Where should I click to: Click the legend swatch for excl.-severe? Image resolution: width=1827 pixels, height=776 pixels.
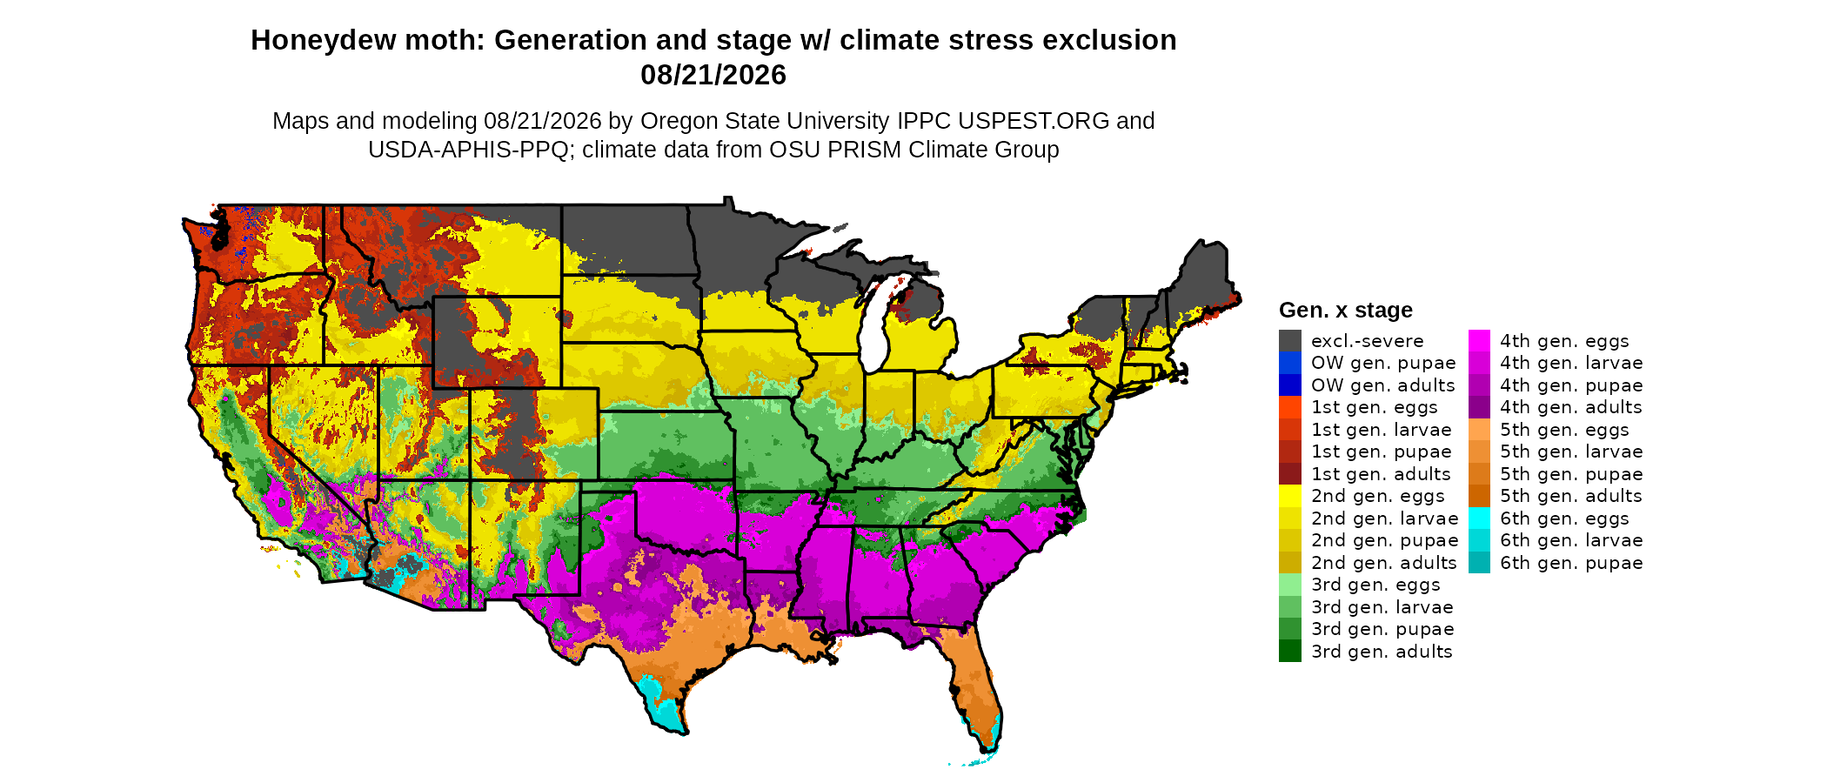point(1290,341)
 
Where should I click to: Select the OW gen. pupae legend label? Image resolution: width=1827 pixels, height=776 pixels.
point(1383,363)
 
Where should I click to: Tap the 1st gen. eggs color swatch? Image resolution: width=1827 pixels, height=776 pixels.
point(1290,407)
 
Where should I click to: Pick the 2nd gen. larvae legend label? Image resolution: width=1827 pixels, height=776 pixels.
point(1384,518)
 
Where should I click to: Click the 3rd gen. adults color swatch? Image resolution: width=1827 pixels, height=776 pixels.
point(1290,651)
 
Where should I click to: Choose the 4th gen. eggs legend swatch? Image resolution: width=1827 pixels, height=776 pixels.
point(1480,341)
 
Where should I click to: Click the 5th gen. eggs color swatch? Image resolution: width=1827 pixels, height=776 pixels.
point(1480,430)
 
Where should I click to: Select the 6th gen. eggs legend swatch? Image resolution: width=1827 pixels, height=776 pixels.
point(1480,518)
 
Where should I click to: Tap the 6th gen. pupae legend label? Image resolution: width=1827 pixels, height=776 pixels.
point(1571,563)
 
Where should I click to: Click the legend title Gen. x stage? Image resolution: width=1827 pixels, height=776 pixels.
point(1345,310)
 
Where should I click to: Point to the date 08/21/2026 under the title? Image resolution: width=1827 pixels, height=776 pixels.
point(713,75)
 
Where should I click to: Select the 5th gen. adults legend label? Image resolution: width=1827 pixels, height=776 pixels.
point(1571,496)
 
